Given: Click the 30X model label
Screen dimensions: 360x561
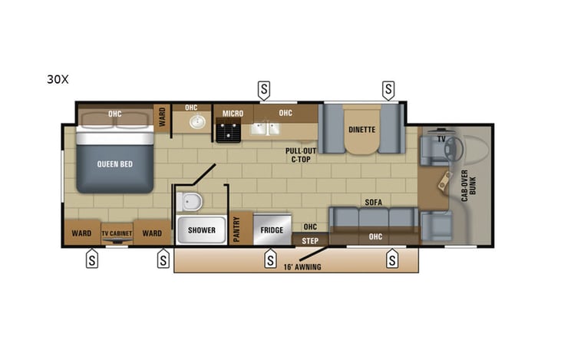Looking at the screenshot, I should [x=58, y=80].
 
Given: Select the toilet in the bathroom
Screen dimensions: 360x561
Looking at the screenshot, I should [x=190, y=202].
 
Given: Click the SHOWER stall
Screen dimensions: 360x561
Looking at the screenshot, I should [x=202, y=230].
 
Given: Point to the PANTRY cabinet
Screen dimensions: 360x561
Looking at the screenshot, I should [x=238, y=229].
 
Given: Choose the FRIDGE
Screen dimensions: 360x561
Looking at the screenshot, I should [x=272, y=230].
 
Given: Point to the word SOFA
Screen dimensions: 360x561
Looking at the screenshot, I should [x=374, y=203].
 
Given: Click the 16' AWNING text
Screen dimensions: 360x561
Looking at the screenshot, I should [x=302, y=267].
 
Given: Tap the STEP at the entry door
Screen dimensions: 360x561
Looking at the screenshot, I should [x=310, y=240].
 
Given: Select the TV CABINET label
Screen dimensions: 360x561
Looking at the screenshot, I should [x=117, y=233].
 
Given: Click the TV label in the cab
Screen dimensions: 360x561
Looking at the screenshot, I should [x=441, y=139].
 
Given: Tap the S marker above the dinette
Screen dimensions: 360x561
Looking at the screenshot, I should [x=388, y=90].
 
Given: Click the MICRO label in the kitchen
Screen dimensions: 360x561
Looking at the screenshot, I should [x=233, y=114].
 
